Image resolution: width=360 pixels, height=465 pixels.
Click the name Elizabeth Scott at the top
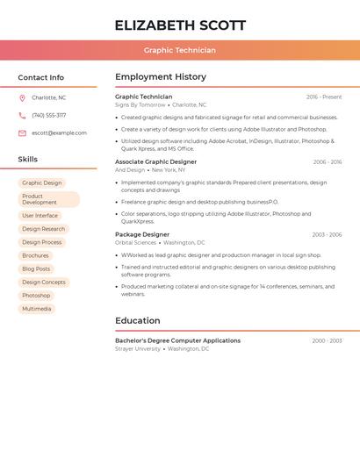(x=180, y=25)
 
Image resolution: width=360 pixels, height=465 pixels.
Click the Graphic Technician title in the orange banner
(x=180, y=50)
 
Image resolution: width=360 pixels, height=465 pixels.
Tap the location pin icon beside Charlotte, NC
(x=22, y=97)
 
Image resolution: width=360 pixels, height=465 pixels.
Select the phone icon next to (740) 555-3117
(x=22, y=115)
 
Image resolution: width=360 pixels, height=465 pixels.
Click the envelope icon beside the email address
(x=22, y=133)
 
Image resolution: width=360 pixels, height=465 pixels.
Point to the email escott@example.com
(x=59, y=133)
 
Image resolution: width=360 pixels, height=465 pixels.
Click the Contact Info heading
(x=41, y=77)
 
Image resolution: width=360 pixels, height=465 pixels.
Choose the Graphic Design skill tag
(x=42, y=183)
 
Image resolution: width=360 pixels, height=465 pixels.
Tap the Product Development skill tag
(x=49, y=199)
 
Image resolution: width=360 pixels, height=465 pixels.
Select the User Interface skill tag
(x=40, y=215)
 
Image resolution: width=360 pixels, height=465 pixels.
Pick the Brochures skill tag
(x=36, y=255)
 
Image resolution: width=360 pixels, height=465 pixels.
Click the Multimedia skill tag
(x=37, y=309)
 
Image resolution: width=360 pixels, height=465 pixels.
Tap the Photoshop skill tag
(x=36, y=296)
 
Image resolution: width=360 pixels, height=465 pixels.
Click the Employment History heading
(x=161, y=77)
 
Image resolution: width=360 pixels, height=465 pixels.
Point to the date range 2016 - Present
(x=324, y=97)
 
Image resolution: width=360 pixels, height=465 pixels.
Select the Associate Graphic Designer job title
(x=155, y=161)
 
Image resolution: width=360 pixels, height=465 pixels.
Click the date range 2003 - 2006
(x=327, y=235)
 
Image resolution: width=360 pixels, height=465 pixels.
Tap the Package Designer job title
(x=142, y=234)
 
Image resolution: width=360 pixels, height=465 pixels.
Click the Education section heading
(x=138, y=320)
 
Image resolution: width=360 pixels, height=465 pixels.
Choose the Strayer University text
(x=138, y=348)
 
